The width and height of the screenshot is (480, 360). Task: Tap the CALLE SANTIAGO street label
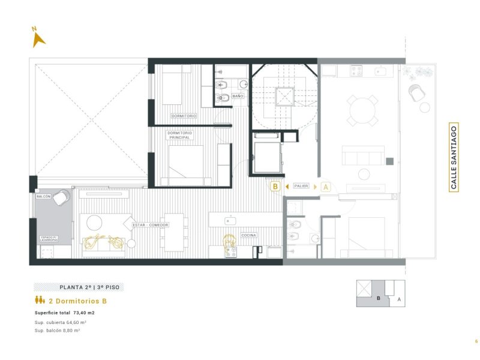[454, 157]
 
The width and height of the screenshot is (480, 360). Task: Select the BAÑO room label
[238, 96]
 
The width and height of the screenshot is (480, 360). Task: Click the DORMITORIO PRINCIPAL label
[179, 135]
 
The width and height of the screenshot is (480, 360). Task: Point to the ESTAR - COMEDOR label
[151, 225]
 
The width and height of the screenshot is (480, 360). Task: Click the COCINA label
[248, 235]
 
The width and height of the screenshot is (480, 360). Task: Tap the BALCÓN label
[43, 196]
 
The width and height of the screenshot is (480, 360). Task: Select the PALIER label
[301, 187]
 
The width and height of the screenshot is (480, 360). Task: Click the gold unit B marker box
[275, 187]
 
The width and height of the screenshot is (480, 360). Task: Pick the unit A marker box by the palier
[326, 187]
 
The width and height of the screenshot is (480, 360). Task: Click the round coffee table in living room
[95, 223]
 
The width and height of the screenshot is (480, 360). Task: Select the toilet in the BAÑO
[223, 97]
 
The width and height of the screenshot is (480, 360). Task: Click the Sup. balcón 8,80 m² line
[58, 330]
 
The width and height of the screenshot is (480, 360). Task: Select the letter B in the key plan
[379, 298]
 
